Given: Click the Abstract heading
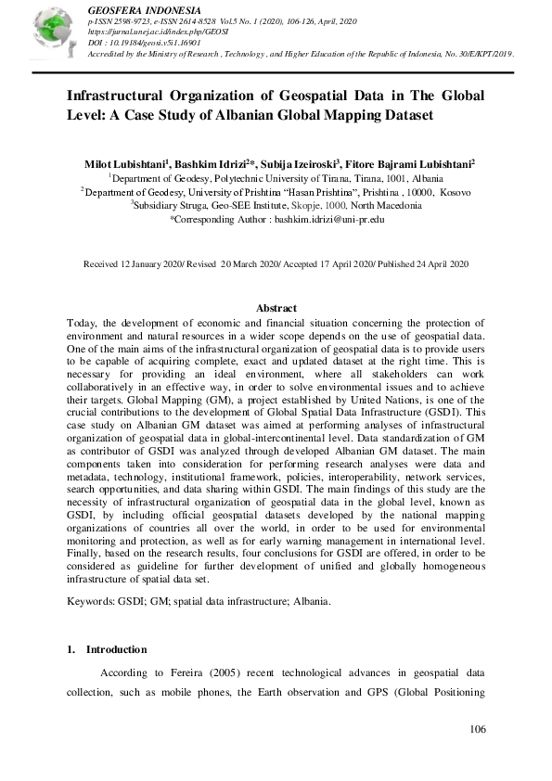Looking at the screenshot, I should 276,308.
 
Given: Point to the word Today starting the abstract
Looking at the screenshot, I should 82,321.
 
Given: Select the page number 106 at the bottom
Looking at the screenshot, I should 478,729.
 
